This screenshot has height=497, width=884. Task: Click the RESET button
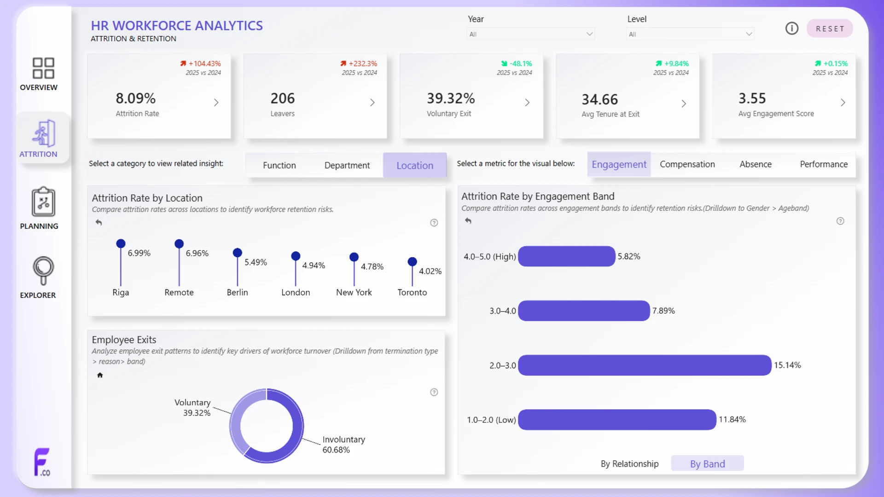coord(830,29)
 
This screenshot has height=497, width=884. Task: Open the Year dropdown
coord(530,34)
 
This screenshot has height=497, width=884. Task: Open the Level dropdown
coord(690,34)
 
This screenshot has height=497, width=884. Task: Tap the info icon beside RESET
coord(792,29)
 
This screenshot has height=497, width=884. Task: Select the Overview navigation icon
coord(43,68)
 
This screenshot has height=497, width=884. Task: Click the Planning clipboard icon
coord(43,202)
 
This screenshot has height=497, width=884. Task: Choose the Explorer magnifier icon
coord(43,271)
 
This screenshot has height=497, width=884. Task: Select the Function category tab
coord(279,165)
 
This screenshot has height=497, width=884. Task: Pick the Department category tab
coord(347,165)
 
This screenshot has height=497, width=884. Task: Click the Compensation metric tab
coord(687,164)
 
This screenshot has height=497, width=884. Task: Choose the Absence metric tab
coord(756,164)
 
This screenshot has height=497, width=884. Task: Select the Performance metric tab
coord(824,164)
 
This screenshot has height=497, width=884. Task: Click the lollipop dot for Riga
coord(121,243)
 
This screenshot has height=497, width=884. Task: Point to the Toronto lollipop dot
coord(413,262)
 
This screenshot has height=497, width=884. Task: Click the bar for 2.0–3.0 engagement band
coord(645,365)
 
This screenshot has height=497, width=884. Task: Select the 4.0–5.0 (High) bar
coord(566,256)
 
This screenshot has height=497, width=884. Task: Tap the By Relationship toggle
coord(629,464)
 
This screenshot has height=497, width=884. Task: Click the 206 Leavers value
coord(283,98)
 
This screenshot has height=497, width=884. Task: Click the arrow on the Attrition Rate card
coord(216,103)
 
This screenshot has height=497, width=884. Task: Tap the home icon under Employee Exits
coord(100,375)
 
